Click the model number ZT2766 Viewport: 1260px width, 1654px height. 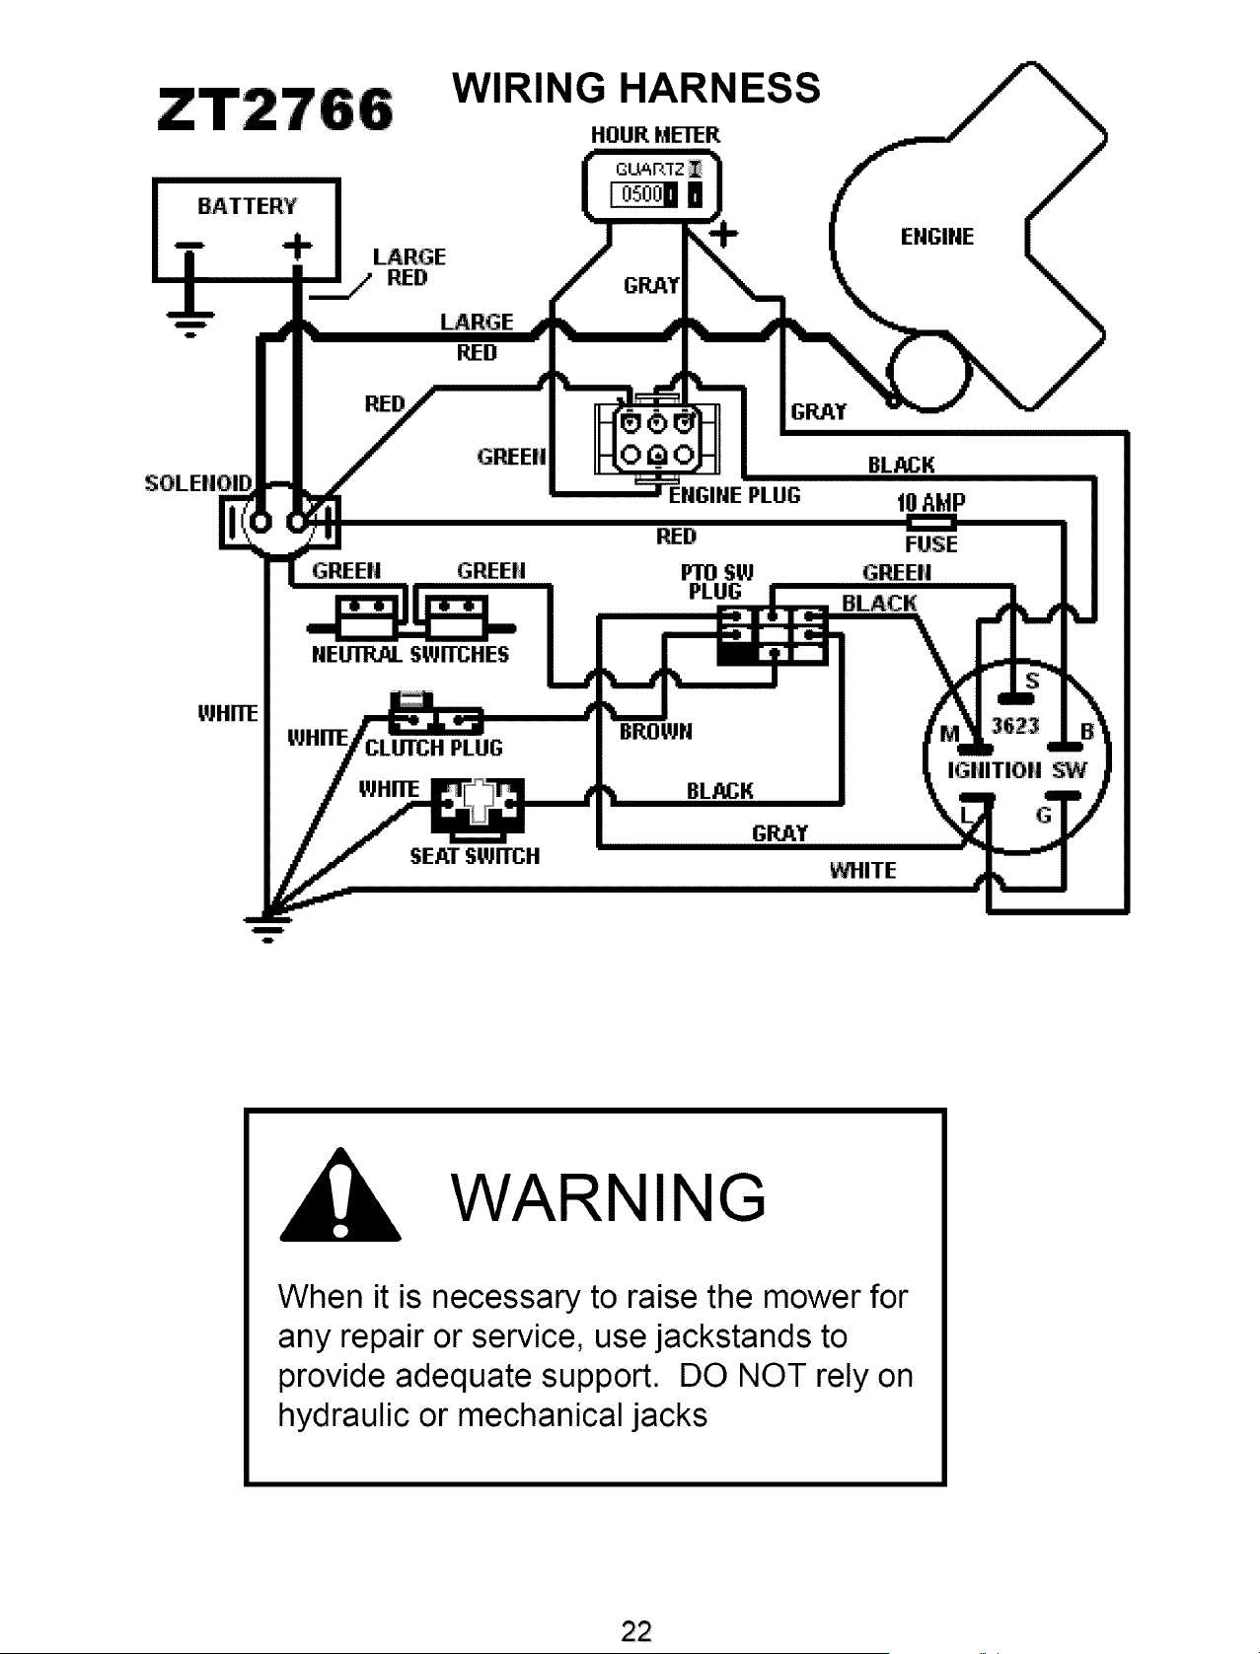pyautogui.click(x=275, y=110)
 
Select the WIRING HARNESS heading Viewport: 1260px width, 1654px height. pyautogui.click(x=636, y=88)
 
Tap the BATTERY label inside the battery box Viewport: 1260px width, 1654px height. pyautogui.click(x=248, y=206)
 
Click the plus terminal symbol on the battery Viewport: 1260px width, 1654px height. pyautogui.click(x=298, y=245)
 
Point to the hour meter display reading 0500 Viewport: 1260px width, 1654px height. pyautogui.click(x=638, y=195)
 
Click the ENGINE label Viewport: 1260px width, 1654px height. pyautogui.click(x=937, y=237)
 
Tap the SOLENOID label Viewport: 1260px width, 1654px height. pyautogui.click(x=198, y=483)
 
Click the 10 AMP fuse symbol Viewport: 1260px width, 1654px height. pyautogui.click(x=931, y=523)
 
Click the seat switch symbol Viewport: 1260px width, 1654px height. pyautogui.click(x=477, y=810)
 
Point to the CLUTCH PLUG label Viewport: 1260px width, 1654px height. pyautogui.click(x=433, y=749)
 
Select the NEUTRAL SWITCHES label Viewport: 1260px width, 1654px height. pyautogui.click(x=410, y=654)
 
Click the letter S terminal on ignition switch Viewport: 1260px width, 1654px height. pyautogui.click(x=1032, y=682)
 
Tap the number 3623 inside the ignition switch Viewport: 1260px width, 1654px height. pyautogui.click(x=1015, y=725)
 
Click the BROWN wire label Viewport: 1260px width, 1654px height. pyautogui.click(x=655, y=732)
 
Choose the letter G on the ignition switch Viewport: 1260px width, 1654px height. pyautogui.click(x=1044, y=815)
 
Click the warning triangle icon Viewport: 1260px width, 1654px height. pyautogui.click(x=340, y=1196)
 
